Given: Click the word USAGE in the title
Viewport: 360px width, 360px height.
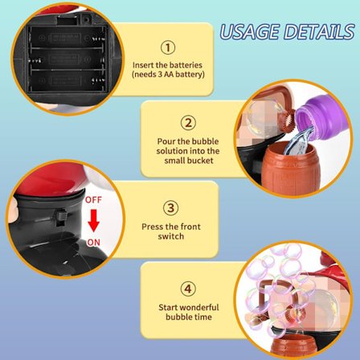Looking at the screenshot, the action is point(250,32).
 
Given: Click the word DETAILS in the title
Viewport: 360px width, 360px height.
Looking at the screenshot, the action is point(319,32).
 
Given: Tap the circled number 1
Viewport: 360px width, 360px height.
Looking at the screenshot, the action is point(168,47).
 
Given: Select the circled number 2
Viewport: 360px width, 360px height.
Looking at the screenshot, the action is point(188,123).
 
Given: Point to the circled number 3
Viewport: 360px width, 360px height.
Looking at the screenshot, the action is point(170,208).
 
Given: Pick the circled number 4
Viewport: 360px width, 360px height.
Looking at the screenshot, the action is point(188,288).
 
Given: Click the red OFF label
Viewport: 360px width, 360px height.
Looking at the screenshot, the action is point(93,200).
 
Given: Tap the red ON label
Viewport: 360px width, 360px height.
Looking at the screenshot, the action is point(93,243).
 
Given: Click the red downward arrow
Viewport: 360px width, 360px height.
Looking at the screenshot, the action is point(93,221).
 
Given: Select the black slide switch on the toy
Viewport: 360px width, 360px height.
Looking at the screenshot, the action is point(61,215).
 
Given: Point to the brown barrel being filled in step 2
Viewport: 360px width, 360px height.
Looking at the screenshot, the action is point(291,170).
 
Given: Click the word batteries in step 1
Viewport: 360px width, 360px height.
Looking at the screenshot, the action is point(186,65).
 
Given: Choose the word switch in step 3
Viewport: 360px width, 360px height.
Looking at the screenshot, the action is point(171,236).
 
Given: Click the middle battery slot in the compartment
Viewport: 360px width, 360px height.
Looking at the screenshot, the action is point(67,59).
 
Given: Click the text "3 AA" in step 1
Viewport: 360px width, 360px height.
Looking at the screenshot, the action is point(166,75).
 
